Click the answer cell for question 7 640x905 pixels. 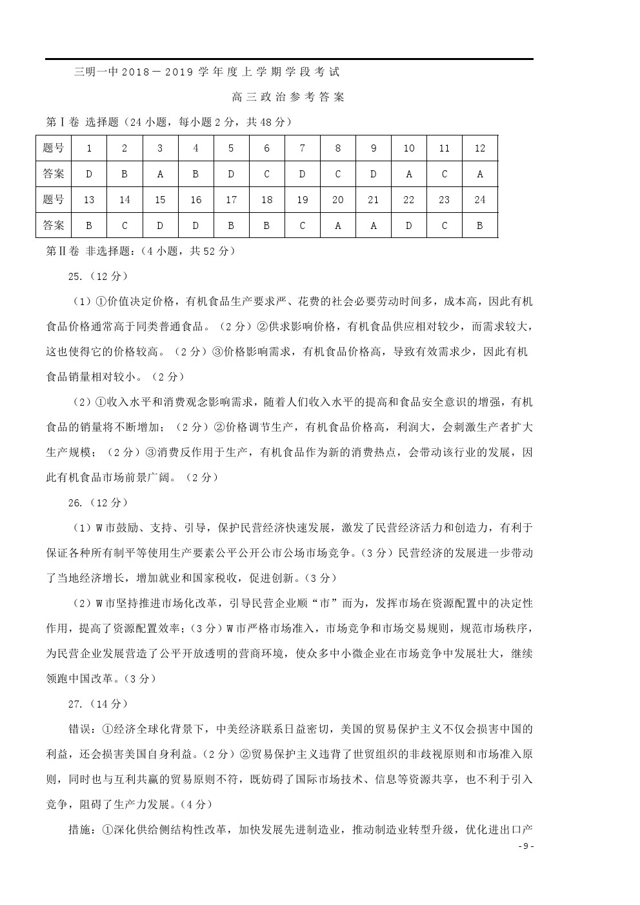tap(302, 174)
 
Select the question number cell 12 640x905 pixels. tap(479, 148)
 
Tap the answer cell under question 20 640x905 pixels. tap(337, 225)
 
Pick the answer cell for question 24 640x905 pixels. tap(479, 225)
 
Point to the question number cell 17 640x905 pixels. tap(231, 200)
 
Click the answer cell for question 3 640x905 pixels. tap(160, 174)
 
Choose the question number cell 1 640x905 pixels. tap(89, 148)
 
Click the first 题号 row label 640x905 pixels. tap(54, 148)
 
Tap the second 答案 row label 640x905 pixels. tap(54, 225)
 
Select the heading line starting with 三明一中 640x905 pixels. tap(206, 72)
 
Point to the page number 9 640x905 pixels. tap(526, 847)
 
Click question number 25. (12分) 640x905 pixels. tap(97, 276)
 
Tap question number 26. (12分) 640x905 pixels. tap(97, 502)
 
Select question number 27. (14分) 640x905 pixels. tap(97, 704)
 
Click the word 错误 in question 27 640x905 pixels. tap(81, 729)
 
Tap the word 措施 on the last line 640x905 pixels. tap(81, 830)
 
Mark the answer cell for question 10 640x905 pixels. tap(408, 174)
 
